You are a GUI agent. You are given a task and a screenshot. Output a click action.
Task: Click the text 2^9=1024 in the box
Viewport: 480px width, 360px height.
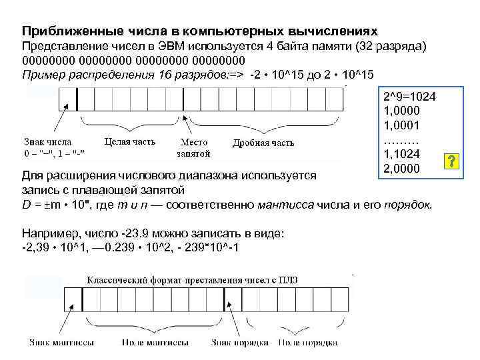point(409,97)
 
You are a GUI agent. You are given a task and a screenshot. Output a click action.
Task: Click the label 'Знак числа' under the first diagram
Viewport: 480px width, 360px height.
point(47,142)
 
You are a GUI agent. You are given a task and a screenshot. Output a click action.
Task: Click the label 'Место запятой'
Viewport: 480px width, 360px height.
point(193,147)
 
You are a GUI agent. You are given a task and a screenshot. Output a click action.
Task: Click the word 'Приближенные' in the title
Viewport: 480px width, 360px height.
point(63,31)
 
